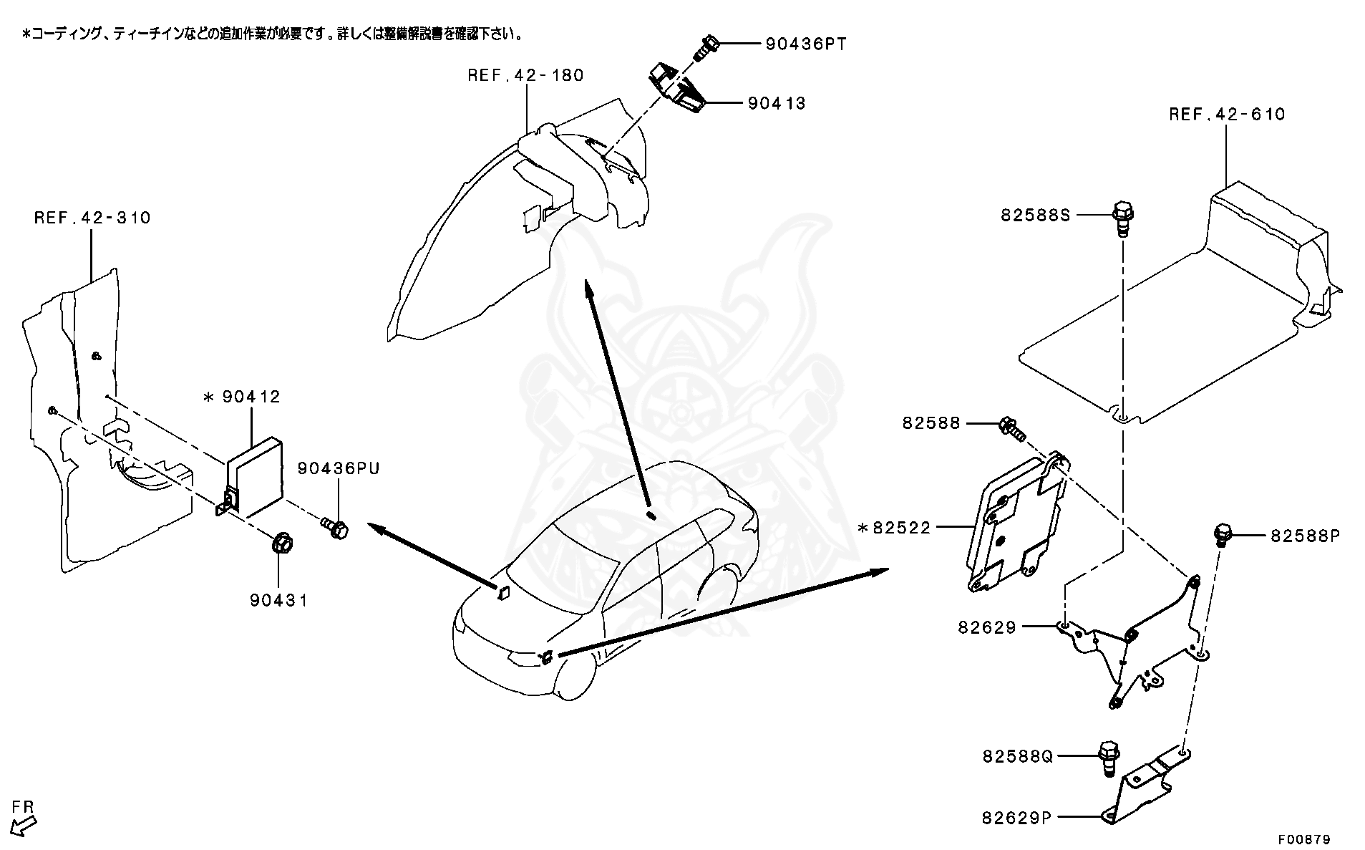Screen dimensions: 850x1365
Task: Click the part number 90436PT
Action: click(805, 44)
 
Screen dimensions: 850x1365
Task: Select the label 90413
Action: click(777, 103)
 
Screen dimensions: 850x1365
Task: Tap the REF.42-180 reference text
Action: click(525, 75)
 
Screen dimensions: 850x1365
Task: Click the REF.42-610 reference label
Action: click(1227, 114)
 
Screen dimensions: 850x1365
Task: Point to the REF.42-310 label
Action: click(92, 218)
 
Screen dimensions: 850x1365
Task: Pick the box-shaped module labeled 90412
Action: click(254, 476)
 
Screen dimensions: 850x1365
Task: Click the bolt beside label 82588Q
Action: click(1107, 758)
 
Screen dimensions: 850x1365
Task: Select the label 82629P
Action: click(1016, 817)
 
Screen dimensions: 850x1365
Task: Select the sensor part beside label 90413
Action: click(676, 88)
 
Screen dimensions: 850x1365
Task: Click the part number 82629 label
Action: click(987, 628)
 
